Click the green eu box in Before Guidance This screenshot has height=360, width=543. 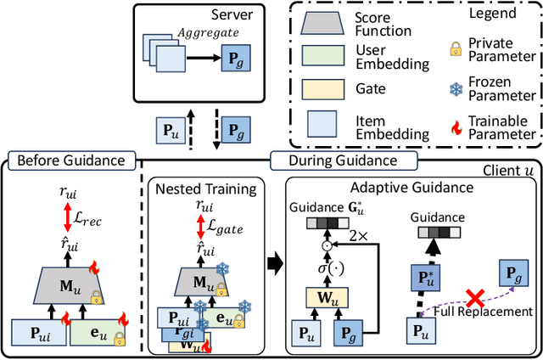pos(98,331)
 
